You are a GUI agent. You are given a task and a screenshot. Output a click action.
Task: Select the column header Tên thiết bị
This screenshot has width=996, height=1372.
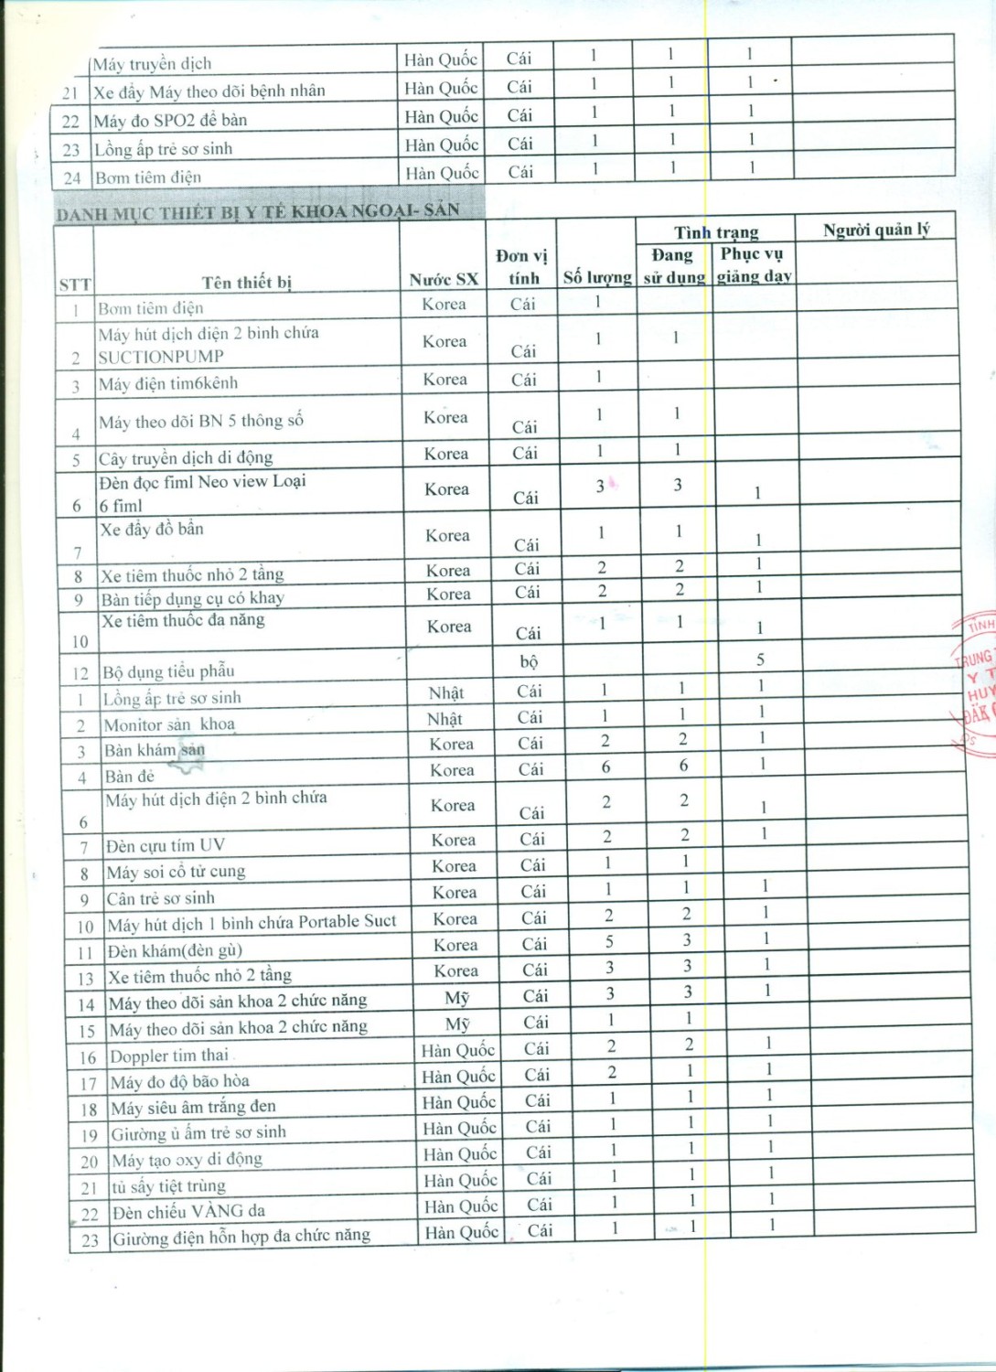tap(247, 282)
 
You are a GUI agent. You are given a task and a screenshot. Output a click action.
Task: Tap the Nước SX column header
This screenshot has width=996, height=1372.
tap(444, 279)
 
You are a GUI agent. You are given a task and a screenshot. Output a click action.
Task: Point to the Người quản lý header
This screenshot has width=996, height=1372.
tap(875, 230)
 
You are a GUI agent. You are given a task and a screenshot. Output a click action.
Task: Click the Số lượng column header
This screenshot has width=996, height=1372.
tap(597, 277)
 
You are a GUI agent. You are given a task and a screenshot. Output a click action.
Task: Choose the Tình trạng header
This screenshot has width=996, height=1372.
tap(716, 232)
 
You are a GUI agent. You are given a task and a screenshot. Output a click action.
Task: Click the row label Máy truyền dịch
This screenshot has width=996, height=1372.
tap(152, 64)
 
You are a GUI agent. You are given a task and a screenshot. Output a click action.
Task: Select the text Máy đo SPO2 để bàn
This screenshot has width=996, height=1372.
tap(170, 120)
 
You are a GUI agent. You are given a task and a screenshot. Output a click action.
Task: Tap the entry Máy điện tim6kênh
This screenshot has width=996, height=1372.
tap(168, 383)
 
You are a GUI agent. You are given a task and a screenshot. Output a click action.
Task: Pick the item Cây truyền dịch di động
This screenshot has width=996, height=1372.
tap(186, 457)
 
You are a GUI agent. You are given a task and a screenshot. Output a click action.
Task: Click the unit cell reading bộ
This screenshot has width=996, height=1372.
tap(529, 660)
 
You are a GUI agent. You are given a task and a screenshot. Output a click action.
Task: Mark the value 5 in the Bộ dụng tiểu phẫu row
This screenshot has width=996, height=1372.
tap(760, 659)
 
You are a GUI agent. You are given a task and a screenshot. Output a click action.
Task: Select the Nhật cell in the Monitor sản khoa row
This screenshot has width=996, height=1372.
tap(445, 719)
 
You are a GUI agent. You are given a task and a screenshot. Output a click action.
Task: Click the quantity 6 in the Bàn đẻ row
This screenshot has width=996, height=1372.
tap(605, 767)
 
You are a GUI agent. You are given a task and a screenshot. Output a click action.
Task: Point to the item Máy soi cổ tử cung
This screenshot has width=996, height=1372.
tap(176, 872)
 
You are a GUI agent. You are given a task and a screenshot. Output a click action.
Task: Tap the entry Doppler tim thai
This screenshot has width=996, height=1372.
tap(169, 1056)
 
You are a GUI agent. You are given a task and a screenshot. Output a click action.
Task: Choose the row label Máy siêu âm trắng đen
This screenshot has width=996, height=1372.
tap(193, 1108)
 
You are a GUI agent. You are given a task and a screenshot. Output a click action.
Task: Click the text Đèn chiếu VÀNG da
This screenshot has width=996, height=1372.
tap(188, 1212)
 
